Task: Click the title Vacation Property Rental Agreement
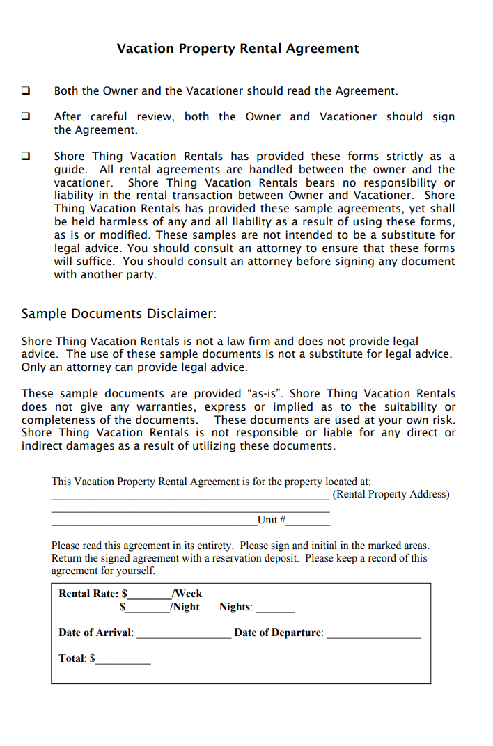point(237,49)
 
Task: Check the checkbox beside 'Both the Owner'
point(26,90)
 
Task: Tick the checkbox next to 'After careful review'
point(26,116)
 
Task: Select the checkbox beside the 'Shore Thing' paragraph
point(26,156)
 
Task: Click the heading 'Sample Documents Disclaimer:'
point(119,314)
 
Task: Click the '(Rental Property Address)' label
point(391,494)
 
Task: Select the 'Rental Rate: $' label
point(93,594)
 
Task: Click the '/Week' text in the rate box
point(187,594)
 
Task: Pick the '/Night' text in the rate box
point(185,607)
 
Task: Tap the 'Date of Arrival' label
point(95,633)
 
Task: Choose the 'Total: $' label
point(77,658)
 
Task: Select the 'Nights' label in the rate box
point(235,607)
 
